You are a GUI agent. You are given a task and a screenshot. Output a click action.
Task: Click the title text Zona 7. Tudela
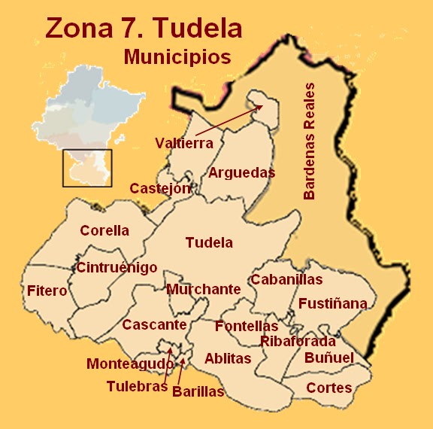(144, 28)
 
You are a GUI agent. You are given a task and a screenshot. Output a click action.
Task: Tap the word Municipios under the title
(177, 56)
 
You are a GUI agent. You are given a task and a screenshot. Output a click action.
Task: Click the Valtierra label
(184, 143)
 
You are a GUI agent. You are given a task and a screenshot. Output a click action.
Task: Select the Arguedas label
(241, 172)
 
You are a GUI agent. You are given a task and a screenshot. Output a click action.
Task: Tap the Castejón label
(160, 189)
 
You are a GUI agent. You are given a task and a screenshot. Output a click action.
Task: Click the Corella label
(104, 231)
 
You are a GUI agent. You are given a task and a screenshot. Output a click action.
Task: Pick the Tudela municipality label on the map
(209, 243)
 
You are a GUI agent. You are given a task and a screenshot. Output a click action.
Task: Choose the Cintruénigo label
(117, 267)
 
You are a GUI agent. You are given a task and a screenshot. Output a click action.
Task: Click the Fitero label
(47, 291)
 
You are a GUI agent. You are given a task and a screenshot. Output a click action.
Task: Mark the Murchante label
(204, 289)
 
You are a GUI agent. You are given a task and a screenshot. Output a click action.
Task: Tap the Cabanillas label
(286, 280)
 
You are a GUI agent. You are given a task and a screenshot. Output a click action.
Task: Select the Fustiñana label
(333, 304)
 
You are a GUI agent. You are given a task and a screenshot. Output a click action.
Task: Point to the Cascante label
(154, 325)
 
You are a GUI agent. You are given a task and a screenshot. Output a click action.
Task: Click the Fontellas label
(247, 327)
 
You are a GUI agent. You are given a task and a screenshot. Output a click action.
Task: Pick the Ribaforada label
(298, 342)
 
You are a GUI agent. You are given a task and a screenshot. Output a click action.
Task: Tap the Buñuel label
(329, 358)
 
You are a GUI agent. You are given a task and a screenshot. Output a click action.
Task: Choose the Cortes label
(329, 388)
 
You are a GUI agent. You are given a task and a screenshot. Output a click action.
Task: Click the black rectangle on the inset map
(86, 168)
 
